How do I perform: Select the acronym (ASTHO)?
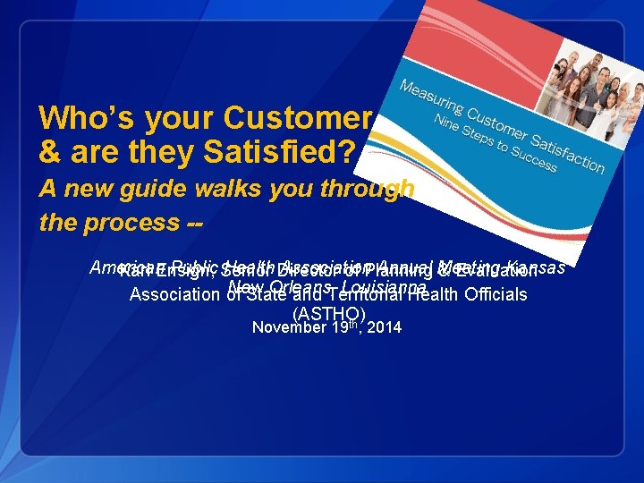(x=328, y=313)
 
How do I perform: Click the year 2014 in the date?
(x=385, y=328)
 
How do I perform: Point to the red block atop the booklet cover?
(x=447, y=45)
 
